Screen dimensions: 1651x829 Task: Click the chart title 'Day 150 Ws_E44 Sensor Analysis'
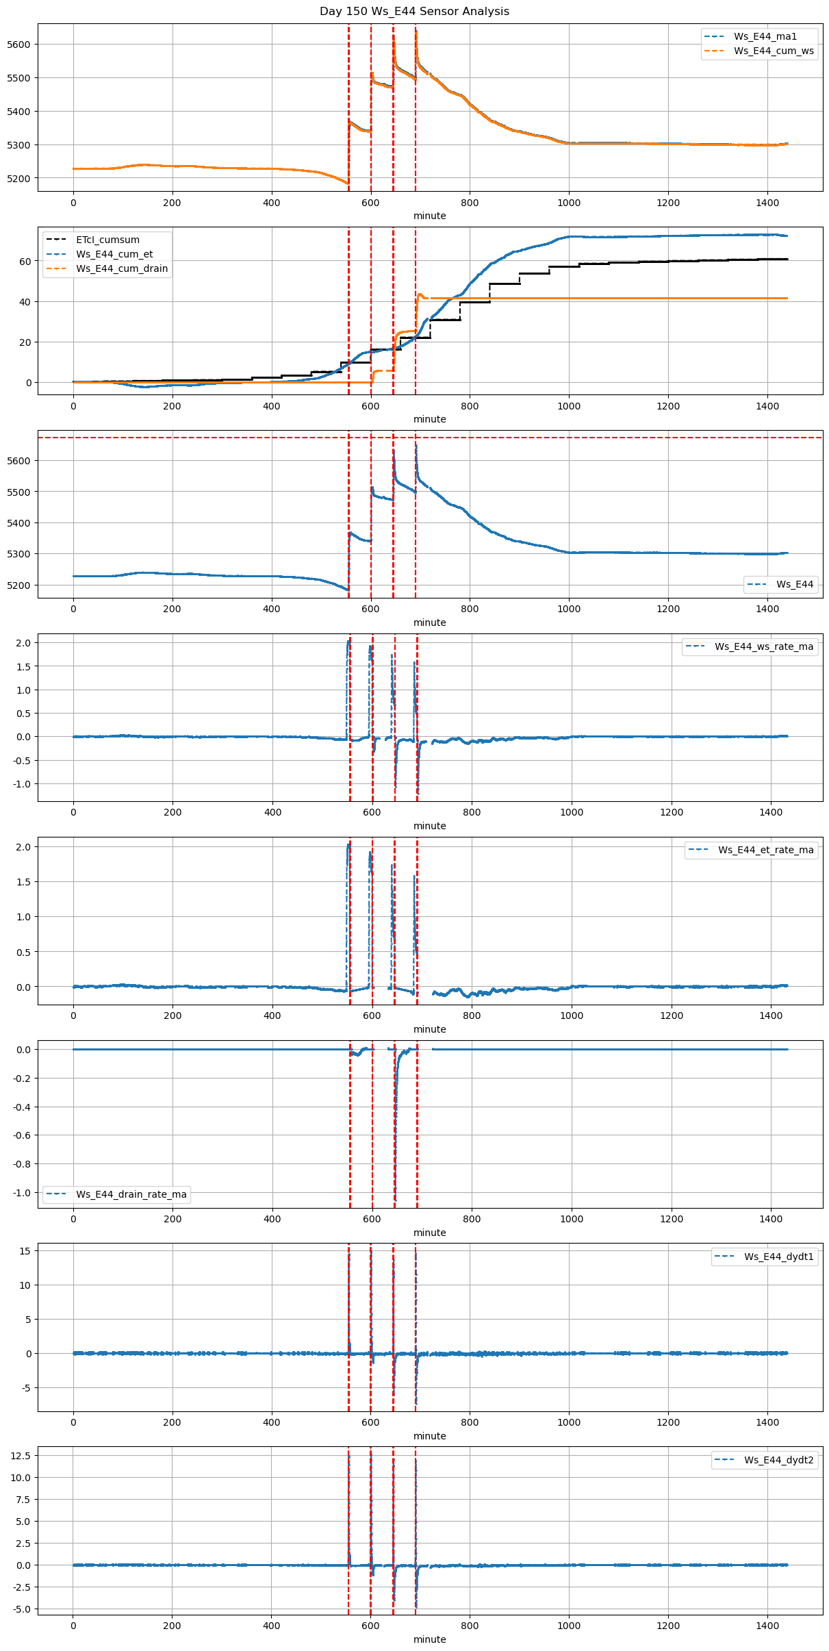click(x=414, y=12)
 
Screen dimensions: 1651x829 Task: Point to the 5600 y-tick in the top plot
click(x=19, y=45)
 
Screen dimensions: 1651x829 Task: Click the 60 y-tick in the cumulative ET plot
click(x=25, y=262)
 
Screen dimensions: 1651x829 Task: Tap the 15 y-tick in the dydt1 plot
click(x=25, y=1251)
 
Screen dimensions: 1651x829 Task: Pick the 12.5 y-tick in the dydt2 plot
click(x=21, y=1455)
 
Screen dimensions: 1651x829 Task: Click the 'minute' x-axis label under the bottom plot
click(x=430, y=1639)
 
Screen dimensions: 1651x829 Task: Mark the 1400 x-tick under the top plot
click(x=767, y=203)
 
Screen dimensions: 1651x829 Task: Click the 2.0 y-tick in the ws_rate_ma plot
click(x=23, y=643)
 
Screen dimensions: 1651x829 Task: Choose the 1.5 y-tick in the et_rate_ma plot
click(x=23, y=882)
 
